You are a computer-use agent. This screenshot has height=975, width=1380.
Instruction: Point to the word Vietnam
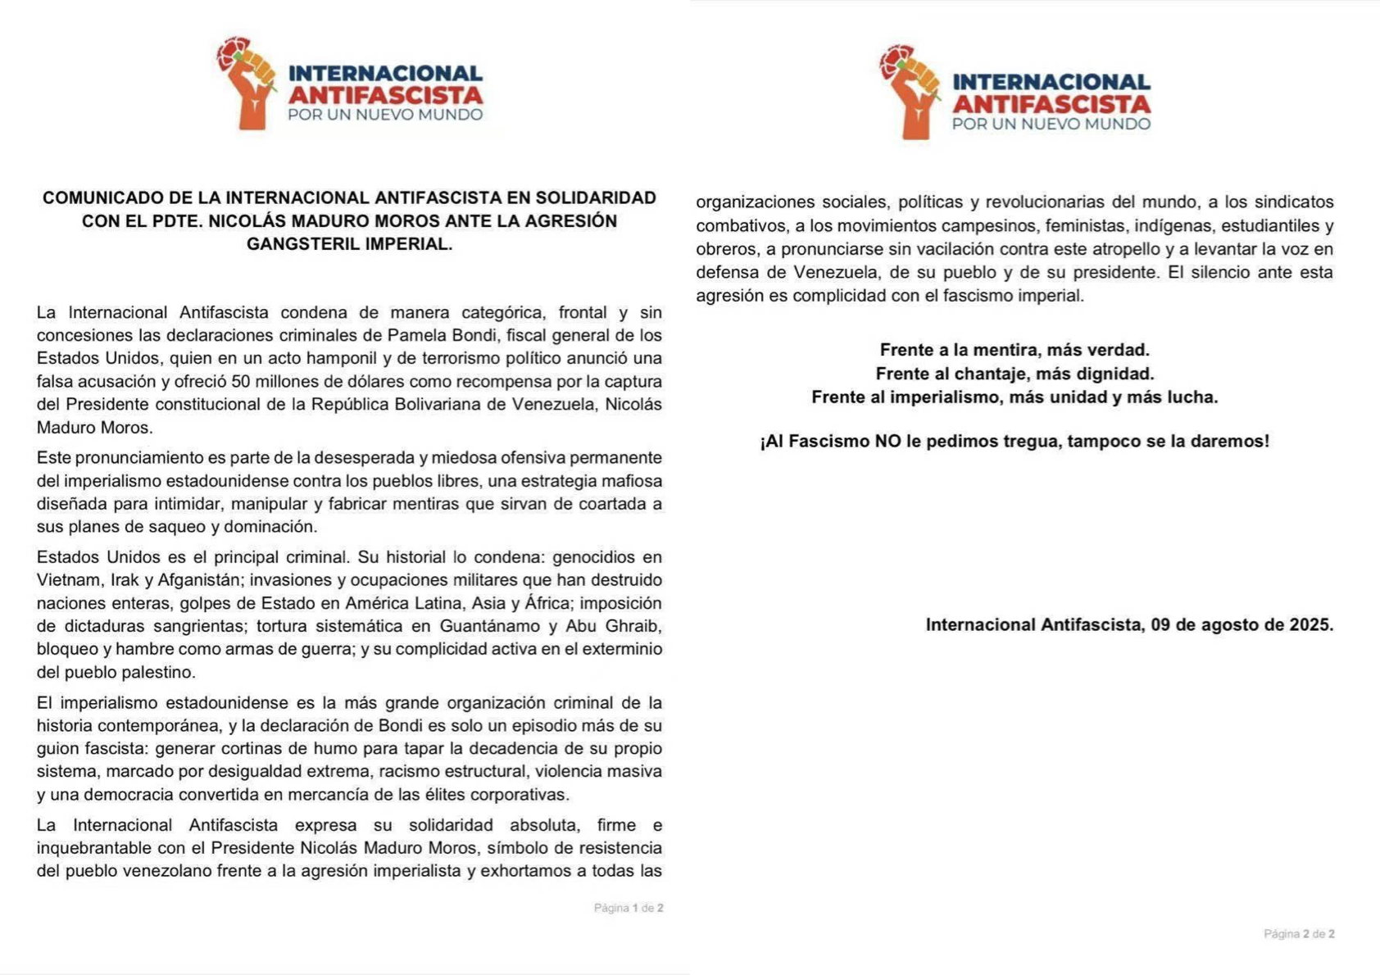[x=66, y=580]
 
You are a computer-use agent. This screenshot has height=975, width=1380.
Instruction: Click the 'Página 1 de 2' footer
[x=629, y=908]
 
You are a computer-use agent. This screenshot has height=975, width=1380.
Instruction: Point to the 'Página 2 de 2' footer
[x=1299, y=934]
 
